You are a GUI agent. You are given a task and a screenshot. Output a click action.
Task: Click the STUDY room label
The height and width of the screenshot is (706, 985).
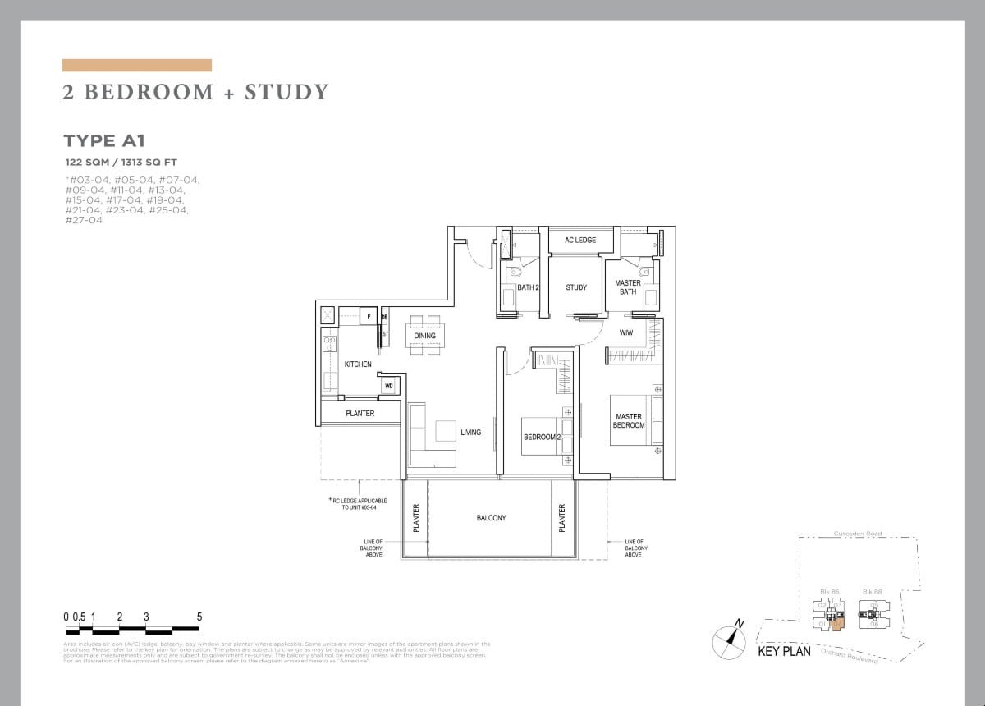tap(576, 287)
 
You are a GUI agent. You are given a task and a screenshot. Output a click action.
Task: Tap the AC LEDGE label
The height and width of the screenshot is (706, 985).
tap(580, 240)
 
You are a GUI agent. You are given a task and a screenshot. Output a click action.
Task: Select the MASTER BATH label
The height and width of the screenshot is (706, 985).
tap(628, 287)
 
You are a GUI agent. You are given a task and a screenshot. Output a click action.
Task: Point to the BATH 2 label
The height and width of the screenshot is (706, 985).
tap(527, 287)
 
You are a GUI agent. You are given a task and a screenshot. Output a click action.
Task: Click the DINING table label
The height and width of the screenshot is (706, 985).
tap(424, 336)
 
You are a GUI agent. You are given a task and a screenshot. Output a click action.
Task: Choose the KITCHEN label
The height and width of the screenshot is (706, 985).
tap(358, 364)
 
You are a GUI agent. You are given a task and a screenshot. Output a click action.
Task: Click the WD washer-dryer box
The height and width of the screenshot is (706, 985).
tap(389, 386)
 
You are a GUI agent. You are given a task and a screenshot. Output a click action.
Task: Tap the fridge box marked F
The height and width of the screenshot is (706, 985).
tap(369, 315)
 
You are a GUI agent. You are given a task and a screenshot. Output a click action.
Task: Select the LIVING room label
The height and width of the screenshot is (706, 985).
tap(470, 432)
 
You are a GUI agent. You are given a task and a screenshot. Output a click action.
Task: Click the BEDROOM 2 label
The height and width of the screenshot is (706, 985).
tap(542, 437)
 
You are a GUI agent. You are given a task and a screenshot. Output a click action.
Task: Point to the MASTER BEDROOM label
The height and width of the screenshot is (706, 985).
tap(629, 420)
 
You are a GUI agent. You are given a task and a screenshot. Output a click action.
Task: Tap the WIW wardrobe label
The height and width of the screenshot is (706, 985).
tap(626, 332)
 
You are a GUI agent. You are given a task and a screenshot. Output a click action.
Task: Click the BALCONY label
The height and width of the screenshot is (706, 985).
tap(491, 518)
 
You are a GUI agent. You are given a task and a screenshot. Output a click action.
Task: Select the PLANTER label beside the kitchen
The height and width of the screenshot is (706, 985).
tap(360, 413)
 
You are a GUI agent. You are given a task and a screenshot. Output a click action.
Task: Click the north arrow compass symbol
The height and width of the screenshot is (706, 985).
tap(728, 640)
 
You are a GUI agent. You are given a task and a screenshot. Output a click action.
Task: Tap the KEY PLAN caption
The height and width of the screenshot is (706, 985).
tap(784, 652)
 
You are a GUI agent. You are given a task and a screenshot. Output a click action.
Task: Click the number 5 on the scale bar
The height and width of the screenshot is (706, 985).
tap(199, 617)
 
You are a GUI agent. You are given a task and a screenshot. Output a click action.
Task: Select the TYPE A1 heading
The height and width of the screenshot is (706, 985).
tap(104, 141)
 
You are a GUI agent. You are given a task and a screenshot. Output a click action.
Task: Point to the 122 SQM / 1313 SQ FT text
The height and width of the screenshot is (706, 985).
tap(121, 163)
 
